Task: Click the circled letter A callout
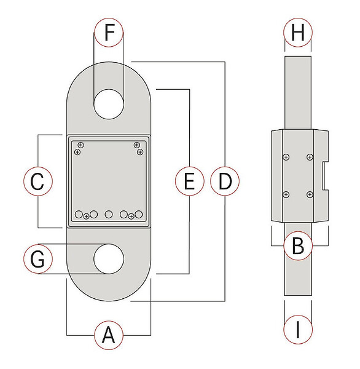(109, 335)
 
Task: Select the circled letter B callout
(298, 246)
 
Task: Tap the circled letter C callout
(38, 181)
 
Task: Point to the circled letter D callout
(225, 181)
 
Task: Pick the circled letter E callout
(190, 181)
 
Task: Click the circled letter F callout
(109, 32)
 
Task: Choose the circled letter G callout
(38, 259)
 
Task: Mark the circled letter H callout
(298, 32)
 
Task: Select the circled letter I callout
(298, 330)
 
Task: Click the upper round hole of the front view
(109, 104)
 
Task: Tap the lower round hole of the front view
(109, 259)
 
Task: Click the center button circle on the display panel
(109, 214)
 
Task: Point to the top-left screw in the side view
(286, 157)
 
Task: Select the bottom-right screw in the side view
(310, 194)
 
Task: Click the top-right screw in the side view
(310, 157)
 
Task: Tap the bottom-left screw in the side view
(286, 194)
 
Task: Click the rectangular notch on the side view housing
(325, 176)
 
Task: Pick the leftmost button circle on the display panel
(79, 214)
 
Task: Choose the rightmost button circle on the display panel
(138, 214)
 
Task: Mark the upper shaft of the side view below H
(298, 93)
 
